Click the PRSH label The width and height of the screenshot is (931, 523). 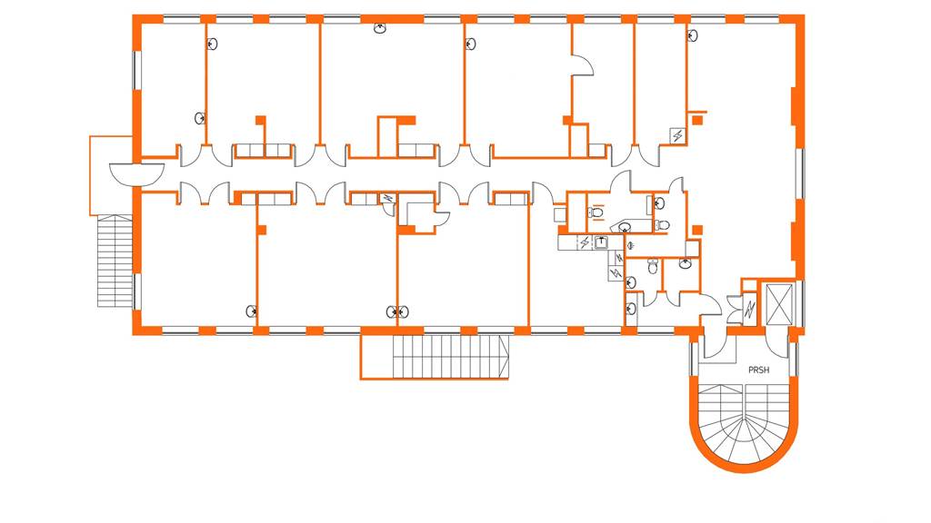click(757, 370)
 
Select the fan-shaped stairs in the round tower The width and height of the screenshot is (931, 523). click(746, 422)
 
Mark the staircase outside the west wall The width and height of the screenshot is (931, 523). click(115, 261)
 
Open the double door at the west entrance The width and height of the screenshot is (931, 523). click(136, 172)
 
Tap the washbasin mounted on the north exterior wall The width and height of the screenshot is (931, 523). click(380, 28)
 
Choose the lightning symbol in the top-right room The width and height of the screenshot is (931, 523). click(677, 135)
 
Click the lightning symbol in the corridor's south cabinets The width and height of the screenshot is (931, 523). click(388, 198)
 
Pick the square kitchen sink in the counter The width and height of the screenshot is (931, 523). click(601, 242)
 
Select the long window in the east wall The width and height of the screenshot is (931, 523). click(800, 173)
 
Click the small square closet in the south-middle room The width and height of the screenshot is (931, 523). click(420, 214)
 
